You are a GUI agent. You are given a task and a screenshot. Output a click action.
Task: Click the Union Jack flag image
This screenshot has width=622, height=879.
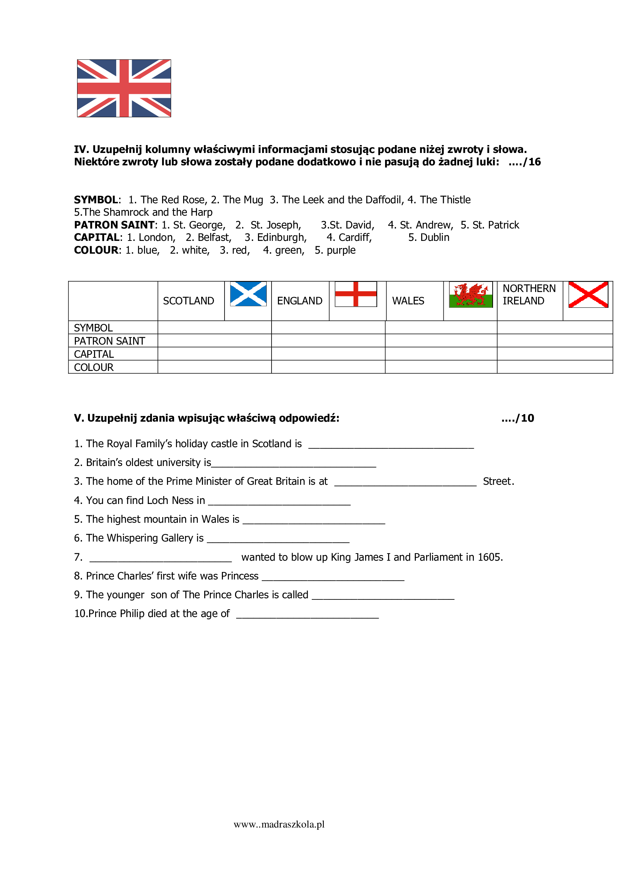pyautogui.click(x=124, y=88)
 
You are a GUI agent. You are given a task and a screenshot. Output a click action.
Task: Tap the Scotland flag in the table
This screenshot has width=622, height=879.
pyautogui.click(x=248, y=294)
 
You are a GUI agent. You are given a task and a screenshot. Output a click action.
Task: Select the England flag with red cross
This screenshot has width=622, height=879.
pyautogui.click(x=355, y=294)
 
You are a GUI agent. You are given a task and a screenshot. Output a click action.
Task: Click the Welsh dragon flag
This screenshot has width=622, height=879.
pyautogui.click(x=470, y=294)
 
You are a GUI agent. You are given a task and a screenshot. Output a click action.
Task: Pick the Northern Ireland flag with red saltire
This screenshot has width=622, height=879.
pyautogui.click(x=588, y=294)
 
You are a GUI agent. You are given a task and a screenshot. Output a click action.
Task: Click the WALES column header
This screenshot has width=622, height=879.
pyautogui.click(x=408, y=301)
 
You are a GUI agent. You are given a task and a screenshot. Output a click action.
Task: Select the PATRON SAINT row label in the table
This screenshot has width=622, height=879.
pyautogui.click(x=109, y=341)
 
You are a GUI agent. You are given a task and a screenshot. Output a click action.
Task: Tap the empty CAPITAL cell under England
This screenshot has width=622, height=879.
pyautogui.click(x=328, y=354)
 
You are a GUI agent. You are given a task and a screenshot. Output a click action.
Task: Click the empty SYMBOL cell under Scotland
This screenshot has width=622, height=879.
pyautogui.click(x=214, y=327)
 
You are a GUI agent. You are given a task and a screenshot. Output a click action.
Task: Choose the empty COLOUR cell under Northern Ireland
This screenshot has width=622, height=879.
pyautogui.click(x=554, y=367)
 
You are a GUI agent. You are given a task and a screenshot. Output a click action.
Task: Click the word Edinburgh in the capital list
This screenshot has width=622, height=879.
pyautogui.click(x=281, y=238)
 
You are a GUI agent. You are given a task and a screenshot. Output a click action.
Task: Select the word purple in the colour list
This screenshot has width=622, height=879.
pyautogui.click(x=341, y=250)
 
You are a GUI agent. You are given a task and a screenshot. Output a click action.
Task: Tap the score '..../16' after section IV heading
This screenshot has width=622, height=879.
pyautogui.click(x=524, y=162)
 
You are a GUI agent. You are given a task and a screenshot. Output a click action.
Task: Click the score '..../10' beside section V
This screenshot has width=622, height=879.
pyautogui.click(x=517, y=418)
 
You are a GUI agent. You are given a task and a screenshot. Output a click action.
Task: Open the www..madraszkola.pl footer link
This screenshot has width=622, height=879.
pyautogui.click(x=279, y=824)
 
